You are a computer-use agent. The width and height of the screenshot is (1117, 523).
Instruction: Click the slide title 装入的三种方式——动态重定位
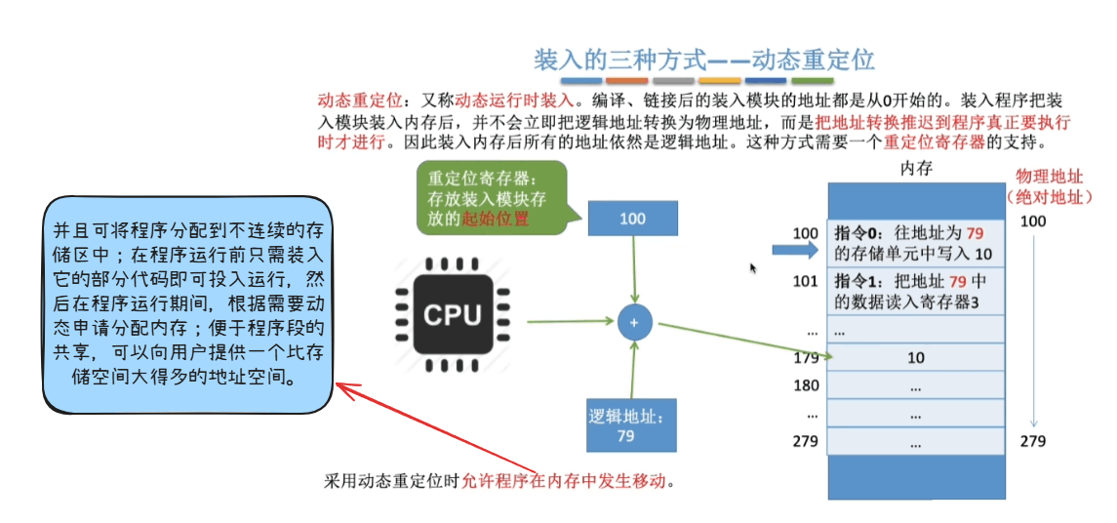(x=703, y=59)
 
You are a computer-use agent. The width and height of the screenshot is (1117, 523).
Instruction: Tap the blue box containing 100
(x=632, y=219)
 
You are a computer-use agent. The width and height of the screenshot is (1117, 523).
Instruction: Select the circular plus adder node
(x=634, y=322)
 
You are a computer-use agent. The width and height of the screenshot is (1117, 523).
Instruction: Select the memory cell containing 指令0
(x=915, y=244)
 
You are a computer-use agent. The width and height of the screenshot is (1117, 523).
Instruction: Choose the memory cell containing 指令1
(x=915, y=292)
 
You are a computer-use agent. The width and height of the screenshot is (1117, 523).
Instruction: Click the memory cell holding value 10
(x=915, y=358)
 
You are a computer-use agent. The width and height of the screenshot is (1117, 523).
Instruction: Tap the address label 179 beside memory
(x=806, y=358)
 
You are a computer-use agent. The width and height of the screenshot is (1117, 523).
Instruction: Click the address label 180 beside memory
(x=806, y=385)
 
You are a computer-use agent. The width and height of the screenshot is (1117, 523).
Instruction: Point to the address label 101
(x=806, y=281)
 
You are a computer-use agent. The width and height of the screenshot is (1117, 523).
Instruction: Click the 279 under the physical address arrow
(x=1032, y=441)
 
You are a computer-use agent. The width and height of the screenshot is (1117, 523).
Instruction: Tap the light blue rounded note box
(x=187, y=304)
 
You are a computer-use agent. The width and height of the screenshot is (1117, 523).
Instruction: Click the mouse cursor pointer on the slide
(x=753, y=268)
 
